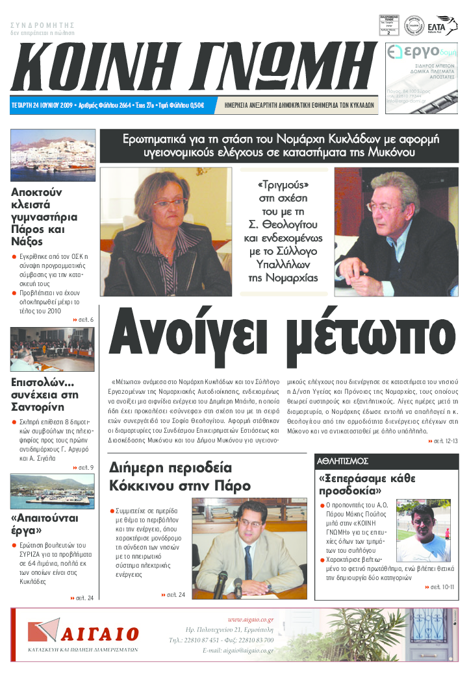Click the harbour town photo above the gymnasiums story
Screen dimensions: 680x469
[x=53, y=156]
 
